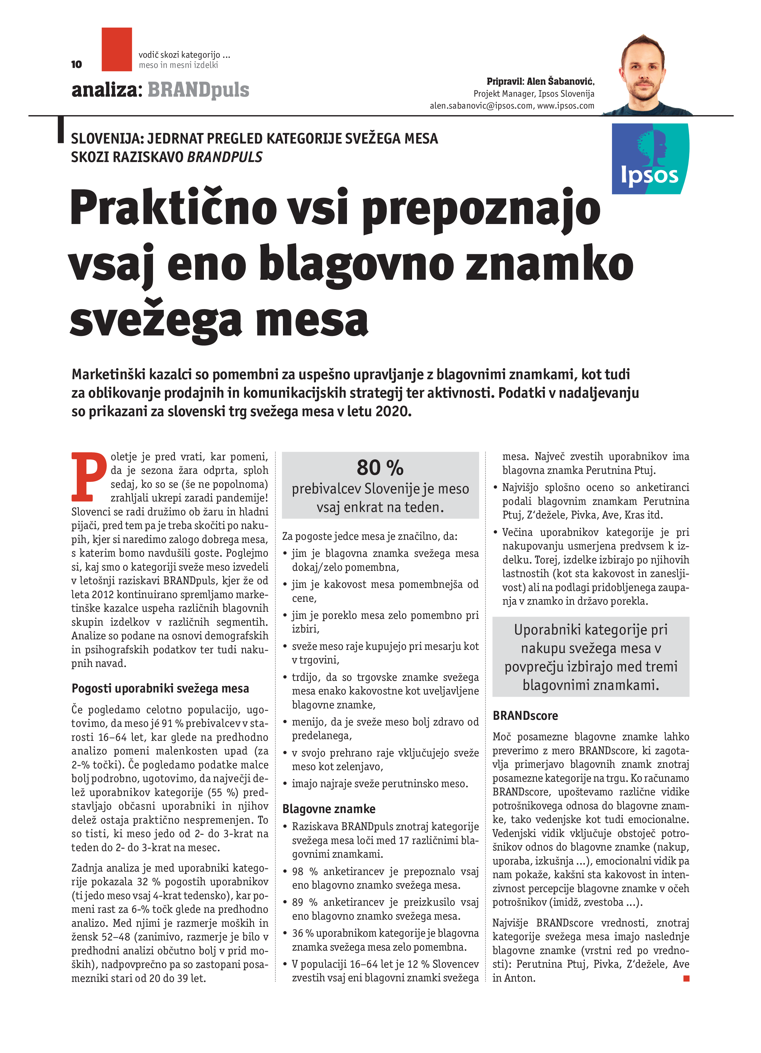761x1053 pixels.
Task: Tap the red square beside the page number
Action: coord(117,49)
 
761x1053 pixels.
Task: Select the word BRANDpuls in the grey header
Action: coord(198,90)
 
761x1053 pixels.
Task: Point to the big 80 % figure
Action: coord(380,468)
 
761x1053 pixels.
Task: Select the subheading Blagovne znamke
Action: coord(329,809)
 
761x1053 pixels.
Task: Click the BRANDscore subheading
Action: coord(525,716)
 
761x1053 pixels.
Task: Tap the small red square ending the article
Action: coord(686,978)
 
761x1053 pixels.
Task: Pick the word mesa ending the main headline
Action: coord(312,320)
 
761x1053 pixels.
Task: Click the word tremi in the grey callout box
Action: coord(661,667)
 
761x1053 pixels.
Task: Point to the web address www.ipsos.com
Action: coord(566,106)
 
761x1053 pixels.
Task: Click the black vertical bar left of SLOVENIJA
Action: coord(60,130)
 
